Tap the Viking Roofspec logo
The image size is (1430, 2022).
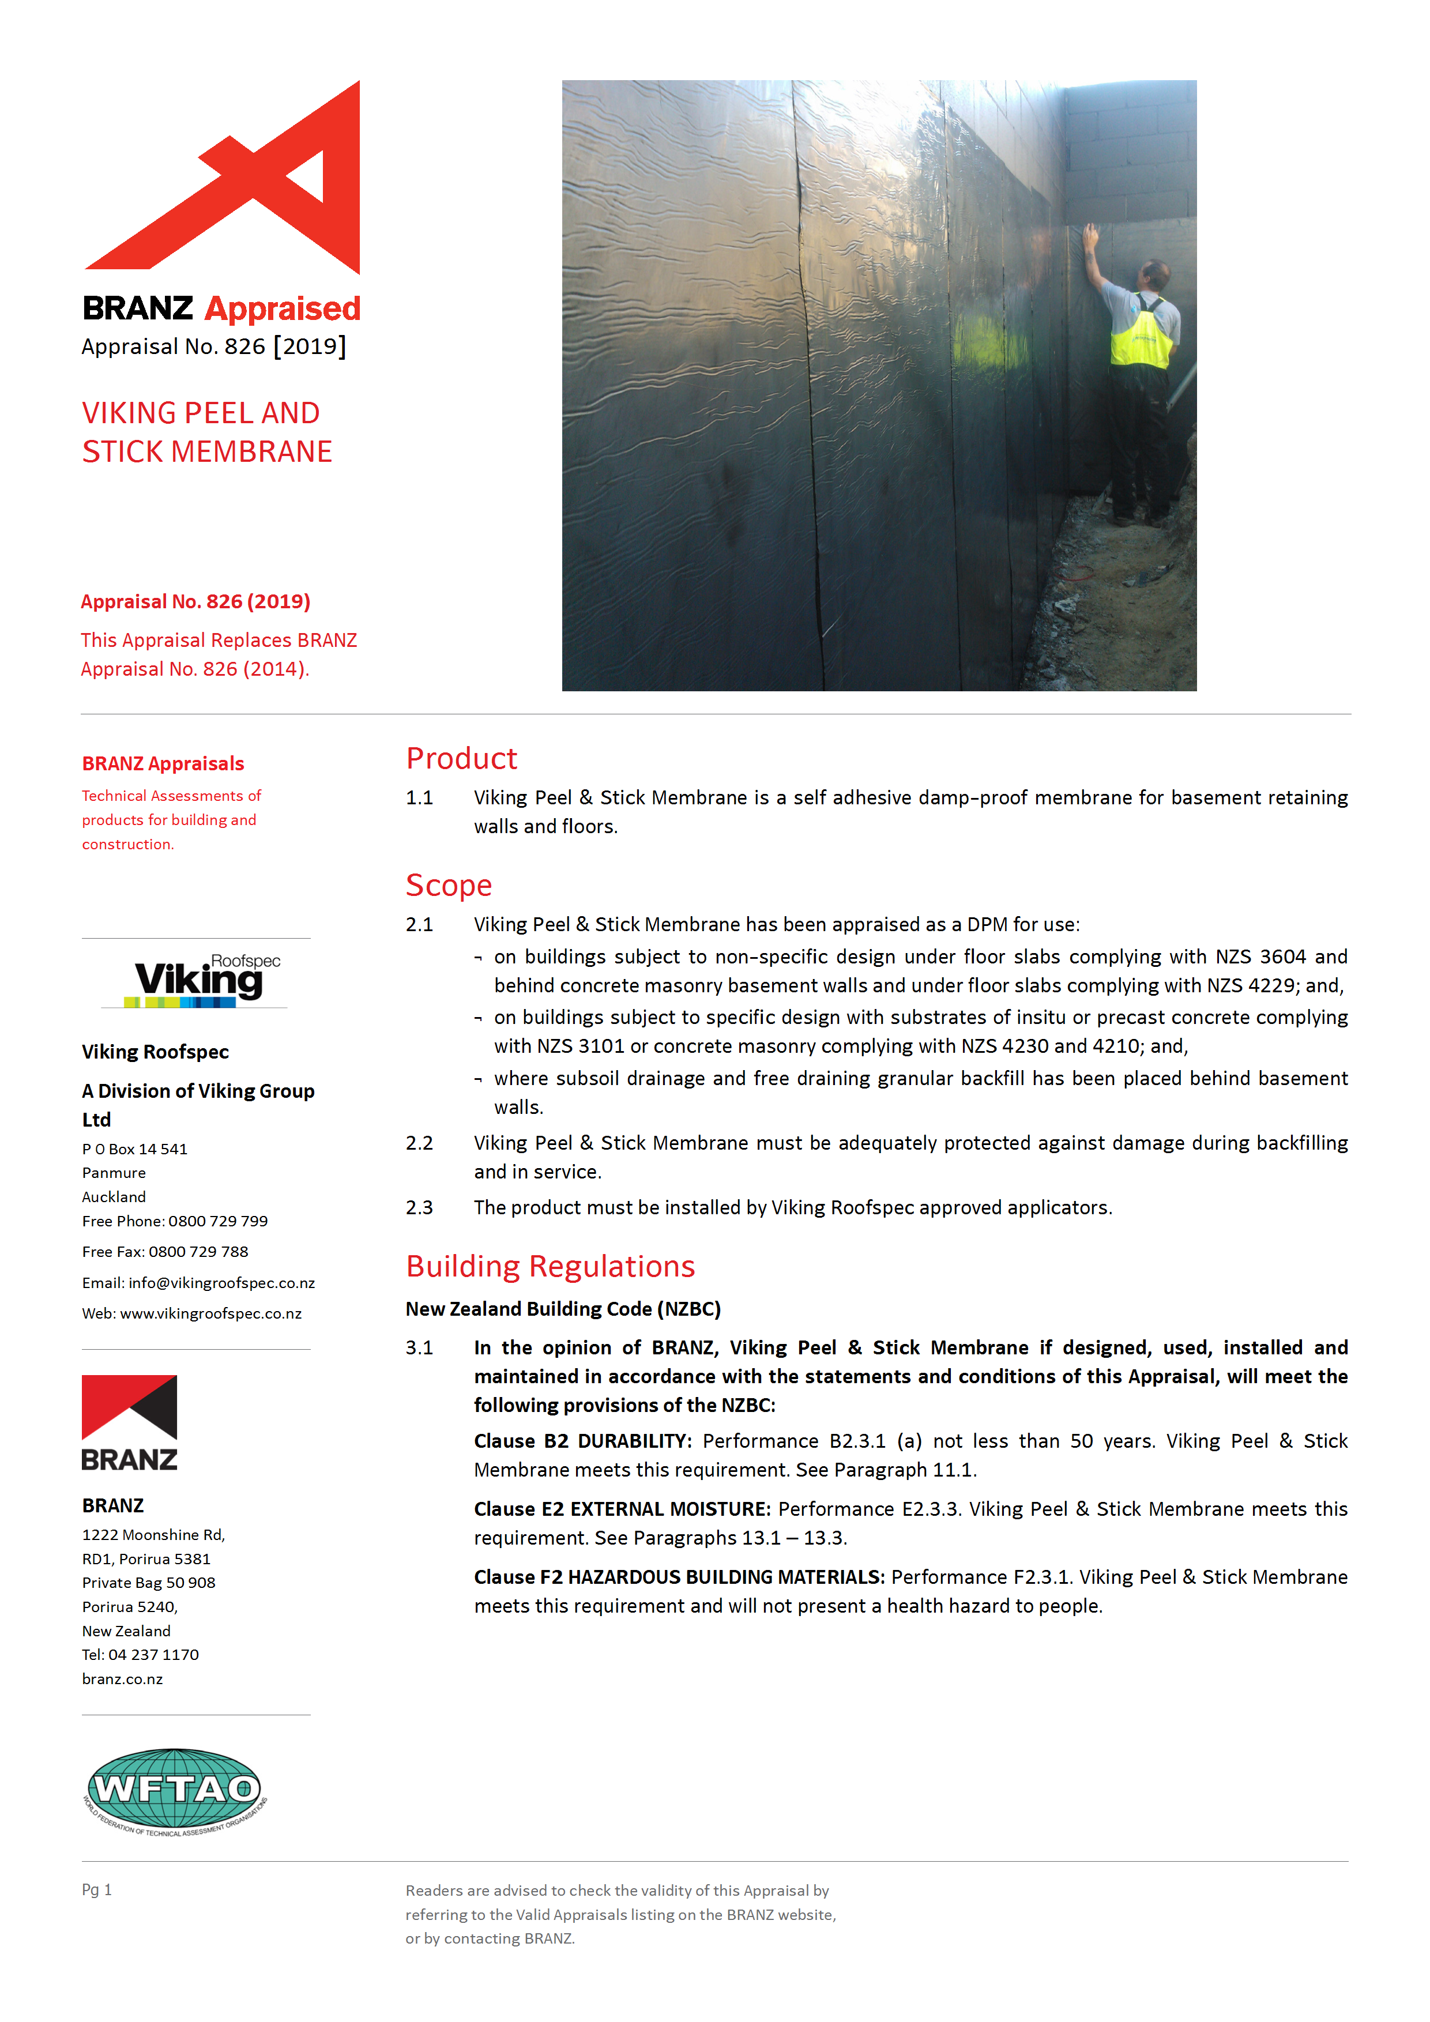pos(199,980)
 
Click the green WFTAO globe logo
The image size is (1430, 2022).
pos(174,1788)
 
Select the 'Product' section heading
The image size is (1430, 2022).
pos(461,758)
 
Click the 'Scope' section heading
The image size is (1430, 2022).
pos(448,885)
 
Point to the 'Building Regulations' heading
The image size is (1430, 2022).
pos(550,1266)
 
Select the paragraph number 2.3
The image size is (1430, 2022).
pos(419,1207)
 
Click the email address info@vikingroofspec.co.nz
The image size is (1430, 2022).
pos(221,1283)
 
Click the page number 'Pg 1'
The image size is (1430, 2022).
pos(97,1889)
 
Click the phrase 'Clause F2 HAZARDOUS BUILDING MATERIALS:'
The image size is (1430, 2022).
pos(679,1577)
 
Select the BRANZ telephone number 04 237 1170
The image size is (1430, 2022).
pos(153,1655)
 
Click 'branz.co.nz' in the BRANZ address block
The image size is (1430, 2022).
pos(122,1680)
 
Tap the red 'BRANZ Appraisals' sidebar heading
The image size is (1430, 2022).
pos(163,763)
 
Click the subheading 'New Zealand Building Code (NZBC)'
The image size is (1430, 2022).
pos(563,1309)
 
